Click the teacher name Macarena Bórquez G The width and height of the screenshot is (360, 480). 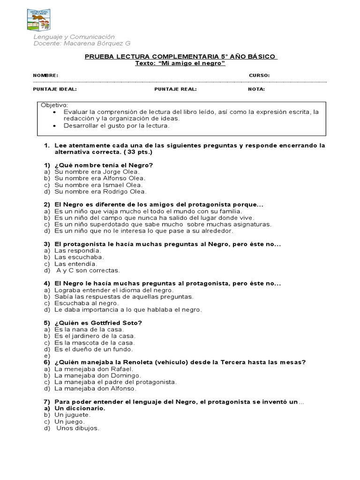82,44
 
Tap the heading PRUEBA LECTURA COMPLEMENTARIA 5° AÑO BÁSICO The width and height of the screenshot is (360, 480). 180,57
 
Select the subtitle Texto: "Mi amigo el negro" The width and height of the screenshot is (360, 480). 180,63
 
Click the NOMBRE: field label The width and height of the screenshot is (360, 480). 45,75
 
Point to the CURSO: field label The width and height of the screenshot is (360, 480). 259,75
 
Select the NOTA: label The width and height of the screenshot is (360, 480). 256,89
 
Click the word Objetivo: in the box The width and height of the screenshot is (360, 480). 54,105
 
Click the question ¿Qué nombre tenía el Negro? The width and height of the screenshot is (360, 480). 104,165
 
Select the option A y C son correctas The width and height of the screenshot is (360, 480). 88,270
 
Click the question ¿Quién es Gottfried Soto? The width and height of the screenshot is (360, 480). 98,322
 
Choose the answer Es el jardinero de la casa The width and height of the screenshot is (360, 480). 95,336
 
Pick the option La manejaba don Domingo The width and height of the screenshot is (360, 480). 97,375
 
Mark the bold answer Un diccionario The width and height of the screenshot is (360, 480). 80,408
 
